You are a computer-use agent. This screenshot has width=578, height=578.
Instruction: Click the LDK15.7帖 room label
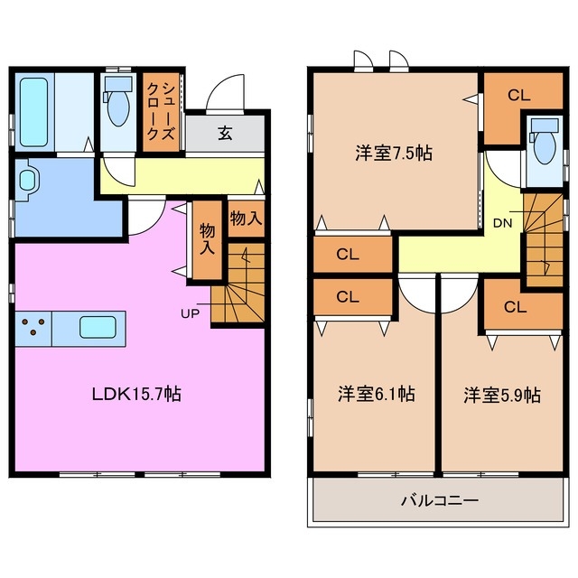[x=136, y=394]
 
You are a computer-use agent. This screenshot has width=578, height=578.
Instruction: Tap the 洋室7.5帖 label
[x=392, y=153]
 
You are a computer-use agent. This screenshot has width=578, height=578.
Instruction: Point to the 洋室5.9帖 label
[x=502, y=394]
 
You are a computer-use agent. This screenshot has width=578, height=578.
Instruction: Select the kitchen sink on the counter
[x=98, y=326]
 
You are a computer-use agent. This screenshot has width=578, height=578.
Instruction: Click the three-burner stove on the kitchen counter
[x=33, y=326]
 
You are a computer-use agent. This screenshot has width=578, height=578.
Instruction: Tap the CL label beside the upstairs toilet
[x=517, y=93]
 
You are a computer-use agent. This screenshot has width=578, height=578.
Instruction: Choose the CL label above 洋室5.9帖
[x=515, y=307]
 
